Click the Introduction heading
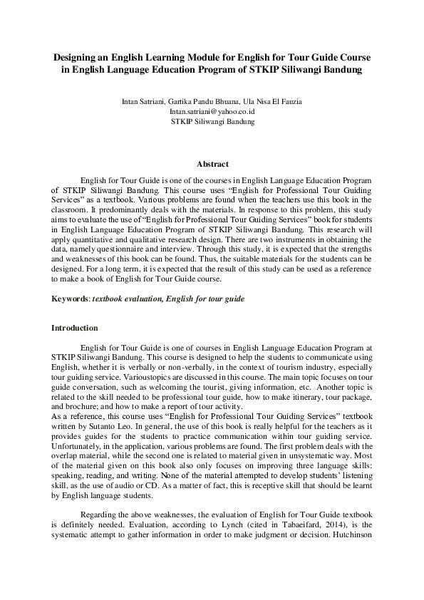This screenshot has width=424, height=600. click(x=74, y=328)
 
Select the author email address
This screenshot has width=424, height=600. click(x=212, y=112)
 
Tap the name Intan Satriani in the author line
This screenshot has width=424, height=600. click(x=143, y=102)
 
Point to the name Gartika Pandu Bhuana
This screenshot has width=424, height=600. click(x=200, y=102)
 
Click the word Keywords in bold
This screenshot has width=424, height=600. click(x=70, y=298)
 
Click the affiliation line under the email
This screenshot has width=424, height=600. click(x=212, y=122)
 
